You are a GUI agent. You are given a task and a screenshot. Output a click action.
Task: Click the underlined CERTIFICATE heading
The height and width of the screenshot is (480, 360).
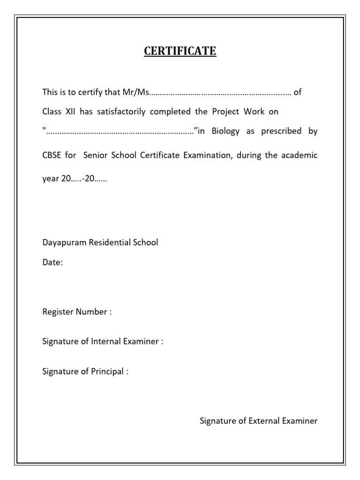[180, 51]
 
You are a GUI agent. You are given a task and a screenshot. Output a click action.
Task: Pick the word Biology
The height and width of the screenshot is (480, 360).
[225, 131]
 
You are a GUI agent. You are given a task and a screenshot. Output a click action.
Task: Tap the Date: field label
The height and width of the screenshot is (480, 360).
[52, 263]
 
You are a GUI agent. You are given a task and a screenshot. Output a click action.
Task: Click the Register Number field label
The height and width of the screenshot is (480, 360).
[77, 312]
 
